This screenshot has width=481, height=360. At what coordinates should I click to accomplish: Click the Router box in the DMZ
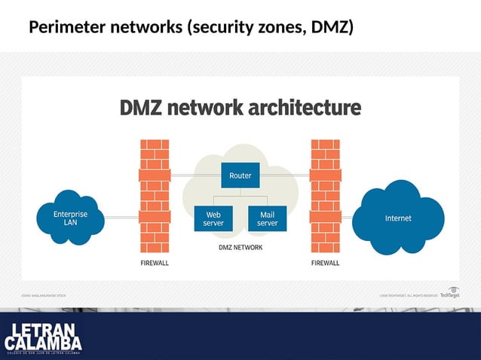(240, 176)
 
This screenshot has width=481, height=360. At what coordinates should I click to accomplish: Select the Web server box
(213, 218)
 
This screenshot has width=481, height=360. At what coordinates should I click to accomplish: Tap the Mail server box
(267, 218)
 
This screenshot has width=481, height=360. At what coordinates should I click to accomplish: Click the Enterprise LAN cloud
(70, 219)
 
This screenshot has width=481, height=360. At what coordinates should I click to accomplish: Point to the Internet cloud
(398, 218)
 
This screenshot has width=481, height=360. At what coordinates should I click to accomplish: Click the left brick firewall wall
(155, 197)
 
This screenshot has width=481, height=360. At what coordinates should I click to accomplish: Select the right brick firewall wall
(325, 197)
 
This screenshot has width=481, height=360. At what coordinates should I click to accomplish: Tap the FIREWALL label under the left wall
(155, 264)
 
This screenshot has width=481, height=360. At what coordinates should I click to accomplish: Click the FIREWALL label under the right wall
(325, 264)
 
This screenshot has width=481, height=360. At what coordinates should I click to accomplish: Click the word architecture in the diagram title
(299, 108)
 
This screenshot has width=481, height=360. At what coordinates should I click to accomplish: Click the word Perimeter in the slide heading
(66, 29)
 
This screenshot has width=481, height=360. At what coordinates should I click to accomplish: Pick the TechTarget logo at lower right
(450, 293)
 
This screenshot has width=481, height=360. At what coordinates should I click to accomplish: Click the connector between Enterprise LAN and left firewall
(121, 217)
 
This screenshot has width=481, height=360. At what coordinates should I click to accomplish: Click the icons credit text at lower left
(43, 295)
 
